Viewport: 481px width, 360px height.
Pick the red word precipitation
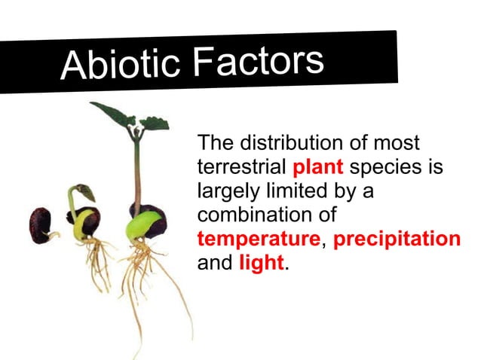tap(397, 239)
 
